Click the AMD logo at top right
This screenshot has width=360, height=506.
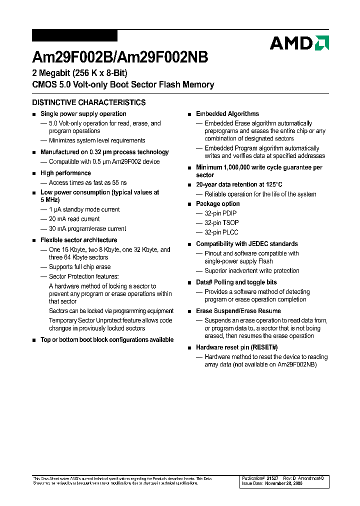tap(299, 43)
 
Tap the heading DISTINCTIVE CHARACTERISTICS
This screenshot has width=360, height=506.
tap(89, 102)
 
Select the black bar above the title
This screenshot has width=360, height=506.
tap(74, 35)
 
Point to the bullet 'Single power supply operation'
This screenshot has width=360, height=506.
tap(83, 114)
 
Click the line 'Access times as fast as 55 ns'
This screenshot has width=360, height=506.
tap(87, 182)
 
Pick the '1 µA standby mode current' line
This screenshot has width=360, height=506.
tap(84, 209)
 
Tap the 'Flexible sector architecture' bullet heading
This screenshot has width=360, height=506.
tap(78, 240)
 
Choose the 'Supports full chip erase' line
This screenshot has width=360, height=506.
tap(79, 267)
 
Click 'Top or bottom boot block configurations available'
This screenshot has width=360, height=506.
tap(106, 340)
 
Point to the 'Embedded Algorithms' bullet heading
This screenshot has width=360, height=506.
tap(227, 114)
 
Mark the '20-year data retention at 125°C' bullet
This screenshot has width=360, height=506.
tap(239, 184)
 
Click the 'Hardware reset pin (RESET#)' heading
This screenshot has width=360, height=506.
tap(236, 347)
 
